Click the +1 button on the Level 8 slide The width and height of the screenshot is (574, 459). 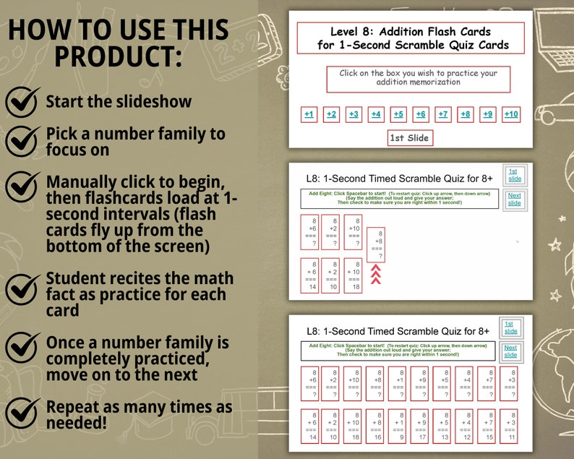click(309, 114)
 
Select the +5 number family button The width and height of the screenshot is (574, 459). click(398, 114)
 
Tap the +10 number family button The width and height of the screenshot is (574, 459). click(510, 114)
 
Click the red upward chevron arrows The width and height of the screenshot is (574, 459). click(376, 274)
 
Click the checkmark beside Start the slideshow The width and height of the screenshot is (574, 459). click(23, 101)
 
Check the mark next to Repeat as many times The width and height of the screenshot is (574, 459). click(23, 413)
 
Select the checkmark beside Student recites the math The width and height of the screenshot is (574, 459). click(23, 287)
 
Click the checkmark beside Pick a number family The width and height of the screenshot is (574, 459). click(23, 140)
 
